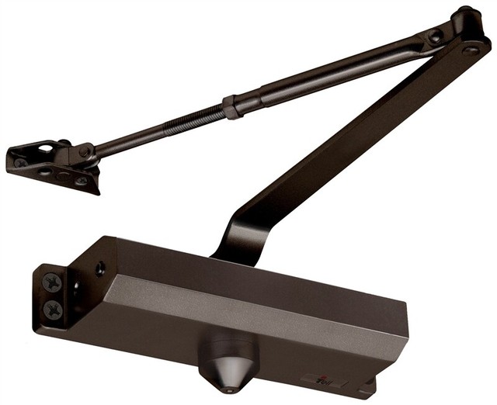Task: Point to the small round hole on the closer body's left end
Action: point(100,269)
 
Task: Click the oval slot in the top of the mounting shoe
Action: point(46,147)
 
